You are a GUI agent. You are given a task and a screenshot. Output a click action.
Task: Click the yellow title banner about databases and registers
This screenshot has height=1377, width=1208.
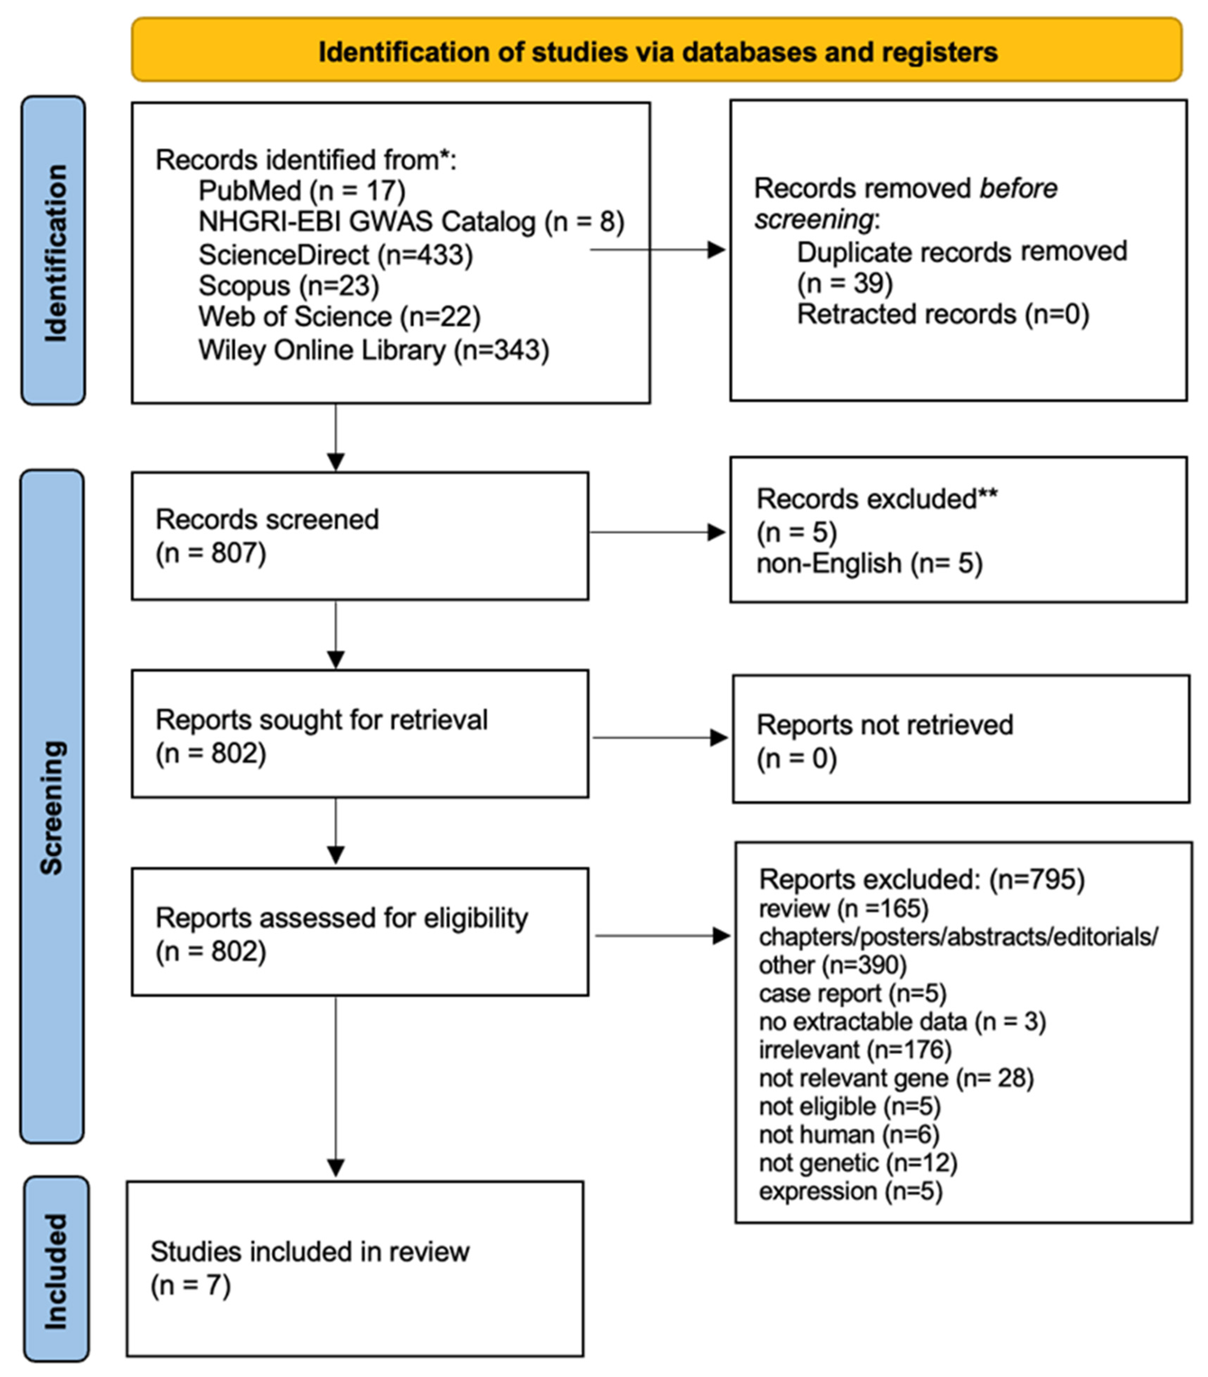click(x=657, y=51)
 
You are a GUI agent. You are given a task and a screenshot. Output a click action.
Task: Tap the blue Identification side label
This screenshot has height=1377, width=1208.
click(x=54, y=251)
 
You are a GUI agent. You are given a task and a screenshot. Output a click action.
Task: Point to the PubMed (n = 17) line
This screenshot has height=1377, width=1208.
click(x=302, y=191)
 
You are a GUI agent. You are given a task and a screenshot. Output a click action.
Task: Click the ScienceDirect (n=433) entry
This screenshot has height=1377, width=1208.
click(x=335, y=255)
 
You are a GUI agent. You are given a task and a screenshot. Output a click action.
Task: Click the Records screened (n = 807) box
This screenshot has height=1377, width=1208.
click(x=360, y=535)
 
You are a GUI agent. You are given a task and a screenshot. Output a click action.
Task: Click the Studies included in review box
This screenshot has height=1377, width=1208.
click(x=355, y=1268)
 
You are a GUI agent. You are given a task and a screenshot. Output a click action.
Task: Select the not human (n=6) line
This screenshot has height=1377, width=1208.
click(x=848, y=1134)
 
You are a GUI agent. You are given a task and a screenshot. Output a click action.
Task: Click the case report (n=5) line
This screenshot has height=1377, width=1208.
click(x=852, y=993)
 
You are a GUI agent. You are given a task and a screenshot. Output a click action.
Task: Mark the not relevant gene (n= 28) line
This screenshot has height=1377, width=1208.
click(x=896, y=1078)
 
